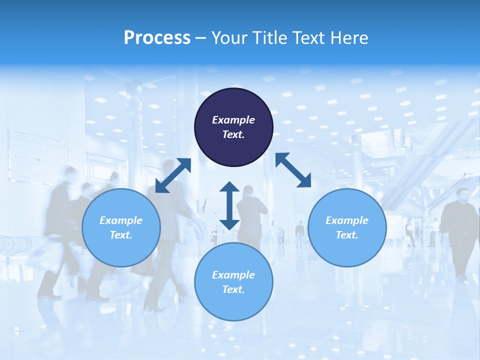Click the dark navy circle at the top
coord(233,127)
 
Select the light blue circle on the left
coord(121,227)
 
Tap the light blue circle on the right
coord(347,227)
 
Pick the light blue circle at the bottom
coord(233,282)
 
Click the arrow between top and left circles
coord(173,175)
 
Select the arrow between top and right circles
coord(293,170)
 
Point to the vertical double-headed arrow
coord(229,205)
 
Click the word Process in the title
coord(157,37)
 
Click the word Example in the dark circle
coord(233,120)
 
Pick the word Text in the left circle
coord(121,235)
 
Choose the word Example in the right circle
coord(347,220)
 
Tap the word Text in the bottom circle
coord(233,289)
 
